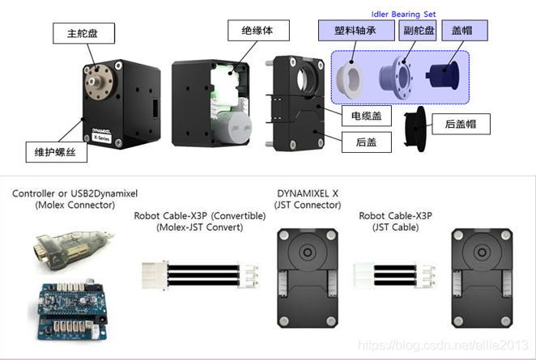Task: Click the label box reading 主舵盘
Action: [83, 33]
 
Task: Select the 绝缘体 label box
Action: [252, 32]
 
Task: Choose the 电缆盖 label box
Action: [366, 116]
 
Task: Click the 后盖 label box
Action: [366, 142]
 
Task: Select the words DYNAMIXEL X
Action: [308, 193]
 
